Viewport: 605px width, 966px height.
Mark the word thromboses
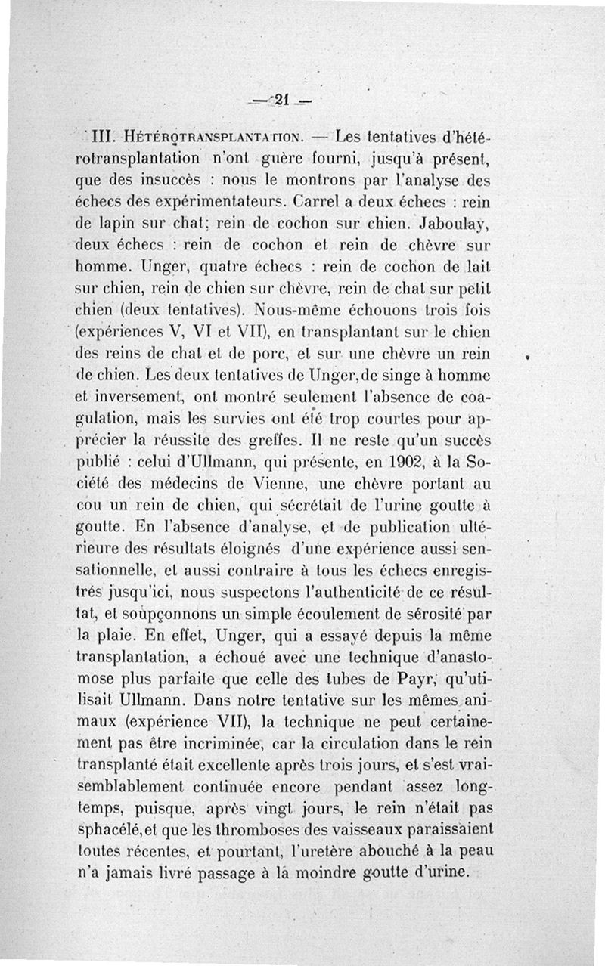tap(271, 822)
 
